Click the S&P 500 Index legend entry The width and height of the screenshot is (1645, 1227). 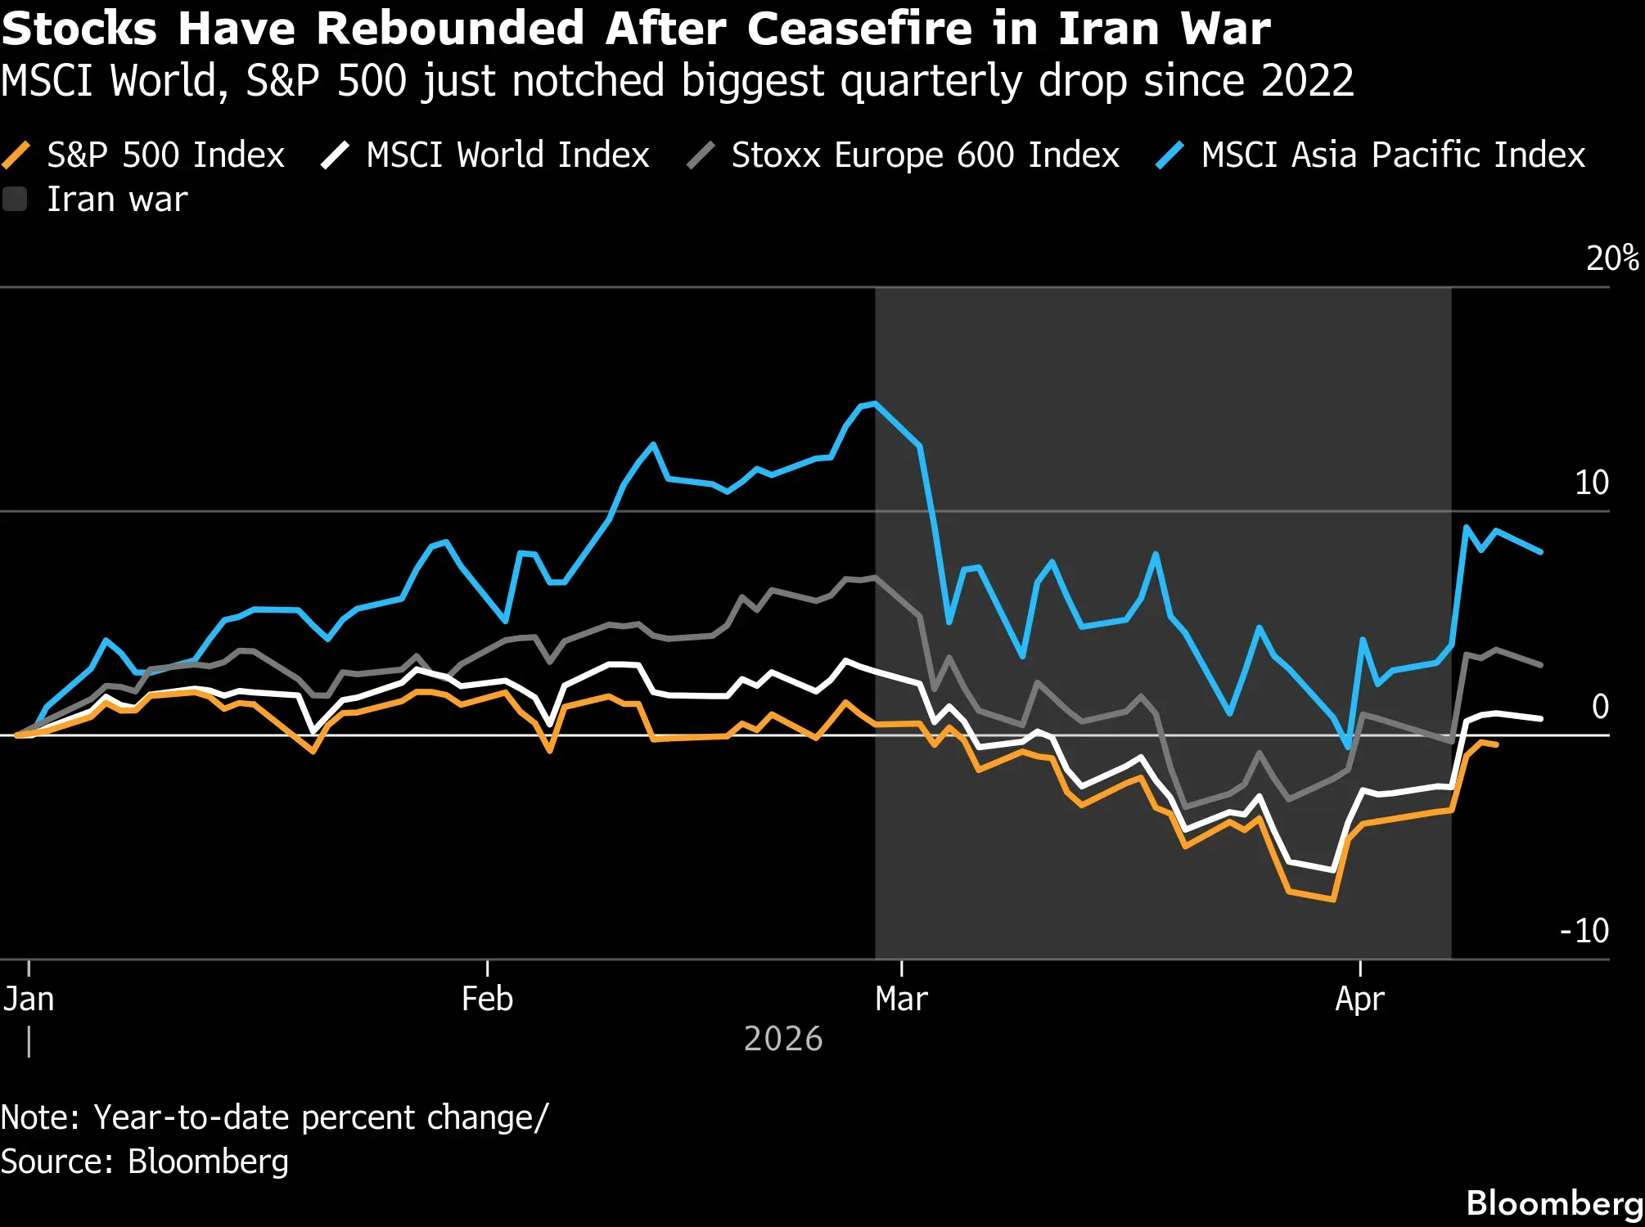(x=144, y=155)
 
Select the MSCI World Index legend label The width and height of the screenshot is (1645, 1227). (x=507, y=155)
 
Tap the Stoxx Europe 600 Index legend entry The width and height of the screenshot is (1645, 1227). (x=904, y=155)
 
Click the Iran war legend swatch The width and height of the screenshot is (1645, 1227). (x=15, y=200)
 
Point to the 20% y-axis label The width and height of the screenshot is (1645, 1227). (x=1612, y=258)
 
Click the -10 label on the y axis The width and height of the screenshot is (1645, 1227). (x=1584, y=930)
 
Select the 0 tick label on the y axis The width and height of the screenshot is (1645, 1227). (x=1600, y=706)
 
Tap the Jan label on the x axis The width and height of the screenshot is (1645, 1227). (x=29, y=999)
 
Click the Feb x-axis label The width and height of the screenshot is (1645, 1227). (x=487, y=999)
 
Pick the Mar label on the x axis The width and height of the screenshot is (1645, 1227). (x=901, y=999)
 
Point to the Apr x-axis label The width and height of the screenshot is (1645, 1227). (x=1359, y=999)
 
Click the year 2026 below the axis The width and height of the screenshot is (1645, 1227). (x=783, y=1039)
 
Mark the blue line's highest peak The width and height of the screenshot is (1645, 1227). (x=875, y=402)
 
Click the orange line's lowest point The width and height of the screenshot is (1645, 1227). (x=1334, y=900)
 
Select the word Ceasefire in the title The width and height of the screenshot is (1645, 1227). (x=859, y=29)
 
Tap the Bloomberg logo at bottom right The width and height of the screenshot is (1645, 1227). (x=1555, y=1203)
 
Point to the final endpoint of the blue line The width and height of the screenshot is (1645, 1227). (x=1541, y=552)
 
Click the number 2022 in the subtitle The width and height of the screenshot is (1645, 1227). (x=1307, y=81)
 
